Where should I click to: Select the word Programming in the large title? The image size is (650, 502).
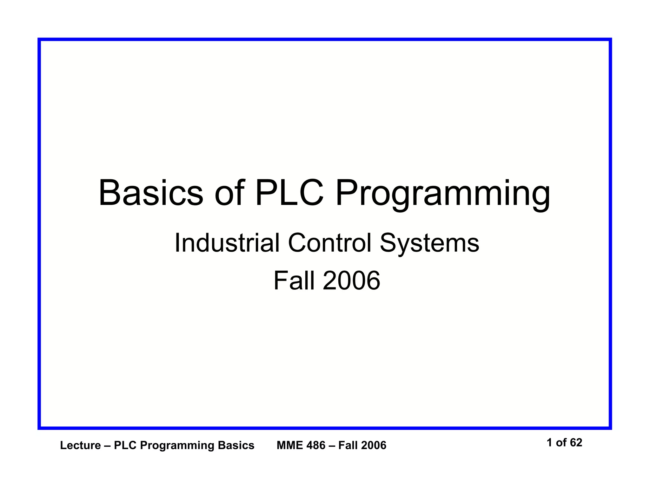click(x=443, y=194)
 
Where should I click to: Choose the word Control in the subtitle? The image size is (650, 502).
click(x=329, y=243)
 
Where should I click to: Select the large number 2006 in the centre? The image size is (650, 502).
click(x=351, y=281)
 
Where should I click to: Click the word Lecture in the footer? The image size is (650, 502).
click(x=80, y=446)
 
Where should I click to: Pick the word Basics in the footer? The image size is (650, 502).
click(x=236, y=446)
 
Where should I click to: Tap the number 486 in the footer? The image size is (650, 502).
click(x=316, y=446)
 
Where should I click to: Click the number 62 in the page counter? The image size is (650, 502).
click(x=576, y=443)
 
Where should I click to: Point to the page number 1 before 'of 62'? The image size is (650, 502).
click(x=550, y=443)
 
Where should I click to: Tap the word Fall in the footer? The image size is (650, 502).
click(x=348, y=446)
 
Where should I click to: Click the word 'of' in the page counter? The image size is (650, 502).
click(x=561, y=443)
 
